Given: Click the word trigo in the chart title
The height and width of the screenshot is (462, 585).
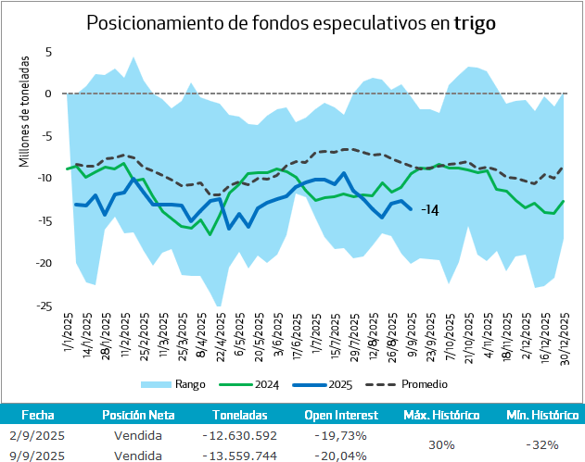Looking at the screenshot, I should click(x=475, y=23).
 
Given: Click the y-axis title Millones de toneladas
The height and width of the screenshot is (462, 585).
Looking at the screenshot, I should click(x=25, y=112).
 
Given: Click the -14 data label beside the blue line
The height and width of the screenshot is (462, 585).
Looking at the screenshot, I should click(x=429, y=210).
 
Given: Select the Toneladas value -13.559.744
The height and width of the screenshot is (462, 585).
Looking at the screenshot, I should click(x=239, y=455).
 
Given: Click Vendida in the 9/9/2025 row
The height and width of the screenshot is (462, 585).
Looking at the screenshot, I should click(x=138, y=455).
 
